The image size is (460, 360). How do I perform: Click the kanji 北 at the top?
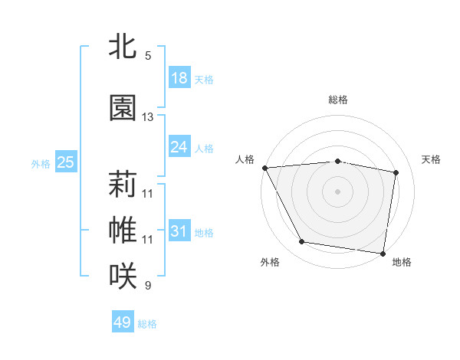point(123,47)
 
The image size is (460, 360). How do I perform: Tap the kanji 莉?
point(123,184)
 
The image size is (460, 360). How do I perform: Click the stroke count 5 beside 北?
point(148,56)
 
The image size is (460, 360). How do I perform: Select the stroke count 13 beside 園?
point(148,117)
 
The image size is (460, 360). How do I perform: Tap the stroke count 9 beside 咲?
point(148,286)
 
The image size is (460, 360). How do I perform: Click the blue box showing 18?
point(179,78)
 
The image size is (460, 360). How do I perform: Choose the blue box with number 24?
point(179,147)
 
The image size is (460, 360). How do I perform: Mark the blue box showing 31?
point(179,231)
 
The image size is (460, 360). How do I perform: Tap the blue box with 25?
point(65,162)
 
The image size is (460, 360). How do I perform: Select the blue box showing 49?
point(123,323)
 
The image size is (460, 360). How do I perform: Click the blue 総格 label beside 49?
point(148,324)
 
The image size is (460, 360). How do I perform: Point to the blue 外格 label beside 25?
point(41,163)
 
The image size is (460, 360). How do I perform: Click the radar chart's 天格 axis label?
point(432,159)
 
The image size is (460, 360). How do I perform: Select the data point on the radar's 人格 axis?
point(264,168)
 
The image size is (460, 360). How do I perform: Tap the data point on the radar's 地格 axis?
point(383,253)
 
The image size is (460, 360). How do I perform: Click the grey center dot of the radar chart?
point(337,191)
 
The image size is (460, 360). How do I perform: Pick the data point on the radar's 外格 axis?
point(302,242)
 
